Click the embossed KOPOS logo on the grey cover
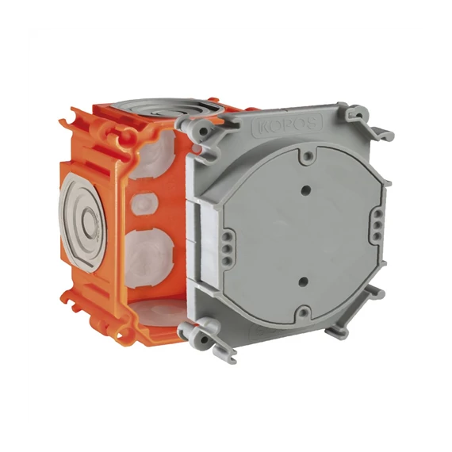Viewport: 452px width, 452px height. (287, 124)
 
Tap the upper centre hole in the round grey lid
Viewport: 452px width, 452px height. (306, 190)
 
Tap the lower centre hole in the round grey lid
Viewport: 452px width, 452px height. (303, 282)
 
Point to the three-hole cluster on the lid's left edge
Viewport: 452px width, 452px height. (228, 248)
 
